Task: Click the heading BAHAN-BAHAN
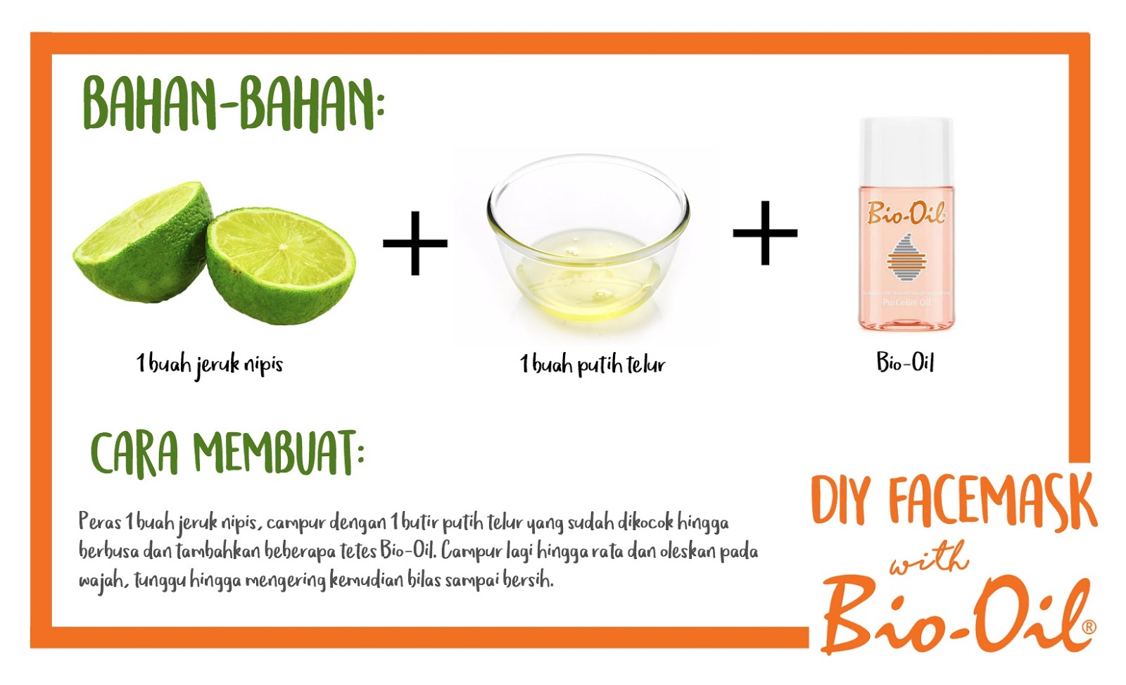234,105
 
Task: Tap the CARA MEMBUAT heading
227,453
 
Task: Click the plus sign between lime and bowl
415,244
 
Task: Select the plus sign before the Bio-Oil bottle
765,233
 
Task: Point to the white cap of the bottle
906,151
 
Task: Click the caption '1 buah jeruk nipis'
210,364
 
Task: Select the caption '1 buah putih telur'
592,364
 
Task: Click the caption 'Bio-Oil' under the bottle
905,362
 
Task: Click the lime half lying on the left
143,242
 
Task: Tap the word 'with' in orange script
929,558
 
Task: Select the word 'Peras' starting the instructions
100,522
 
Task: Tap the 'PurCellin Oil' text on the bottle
906,302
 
